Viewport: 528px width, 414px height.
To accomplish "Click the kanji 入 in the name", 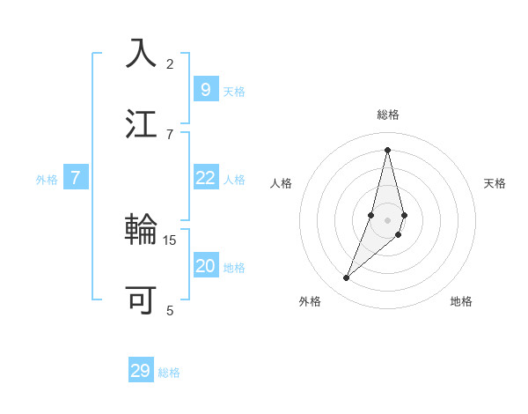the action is (x=142, y=54).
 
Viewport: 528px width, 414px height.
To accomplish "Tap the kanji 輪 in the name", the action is (x=142, y=232).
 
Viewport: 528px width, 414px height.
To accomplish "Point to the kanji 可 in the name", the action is (x=142, y=299).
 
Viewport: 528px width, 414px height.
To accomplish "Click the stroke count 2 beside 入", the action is (x=170, y=64).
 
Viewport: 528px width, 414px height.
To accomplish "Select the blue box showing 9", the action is (x=205, y=90).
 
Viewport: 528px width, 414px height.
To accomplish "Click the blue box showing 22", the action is (x=205, y=178).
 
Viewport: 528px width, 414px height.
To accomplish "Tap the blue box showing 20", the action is (x=205, y=266).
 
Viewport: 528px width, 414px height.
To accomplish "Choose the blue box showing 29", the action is (x=141, y=371).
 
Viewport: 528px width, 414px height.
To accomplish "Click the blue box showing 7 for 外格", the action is (x=76, y=178).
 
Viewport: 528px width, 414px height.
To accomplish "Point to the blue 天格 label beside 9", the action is (x=234, y=92).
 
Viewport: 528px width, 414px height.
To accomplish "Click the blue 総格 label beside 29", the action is (x=170, y=373).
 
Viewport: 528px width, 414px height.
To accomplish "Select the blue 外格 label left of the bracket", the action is (x=47, y=180).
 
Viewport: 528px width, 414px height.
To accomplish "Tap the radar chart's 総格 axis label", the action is (x=388, y=115).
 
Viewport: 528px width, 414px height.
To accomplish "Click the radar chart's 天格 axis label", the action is (x=495, y=183).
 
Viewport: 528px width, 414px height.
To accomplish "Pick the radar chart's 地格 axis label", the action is (x=461, y=301).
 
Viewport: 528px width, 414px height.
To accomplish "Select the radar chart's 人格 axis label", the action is (x=282, y=183).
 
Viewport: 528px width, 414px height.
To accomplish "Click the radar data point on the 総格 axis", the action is (x=388, y=149).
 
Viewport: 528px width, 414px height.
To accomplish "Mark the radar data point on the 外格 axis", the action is (x=346, y=278).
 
